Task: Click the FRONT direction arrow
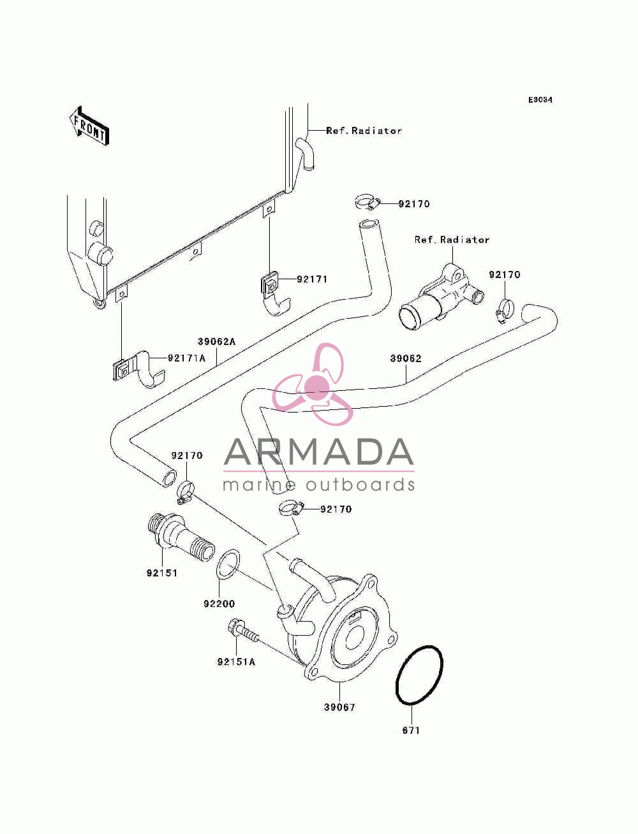point(89,126)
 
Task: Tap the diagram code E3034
point(540,100)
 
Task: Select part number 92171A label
point(186,358)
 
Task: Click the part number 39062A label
point(217,342)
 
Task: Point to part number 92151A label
point(236,661)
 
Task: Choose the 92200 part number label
point(219,603)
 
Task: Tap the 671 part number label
point(411,730)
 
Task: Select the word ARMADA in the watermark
point(318,452)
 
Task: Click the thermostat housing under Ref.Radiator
point(441,299)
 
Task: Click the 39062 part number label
point(406,358)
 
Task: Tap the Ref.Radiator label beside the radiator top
point(364,131)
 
